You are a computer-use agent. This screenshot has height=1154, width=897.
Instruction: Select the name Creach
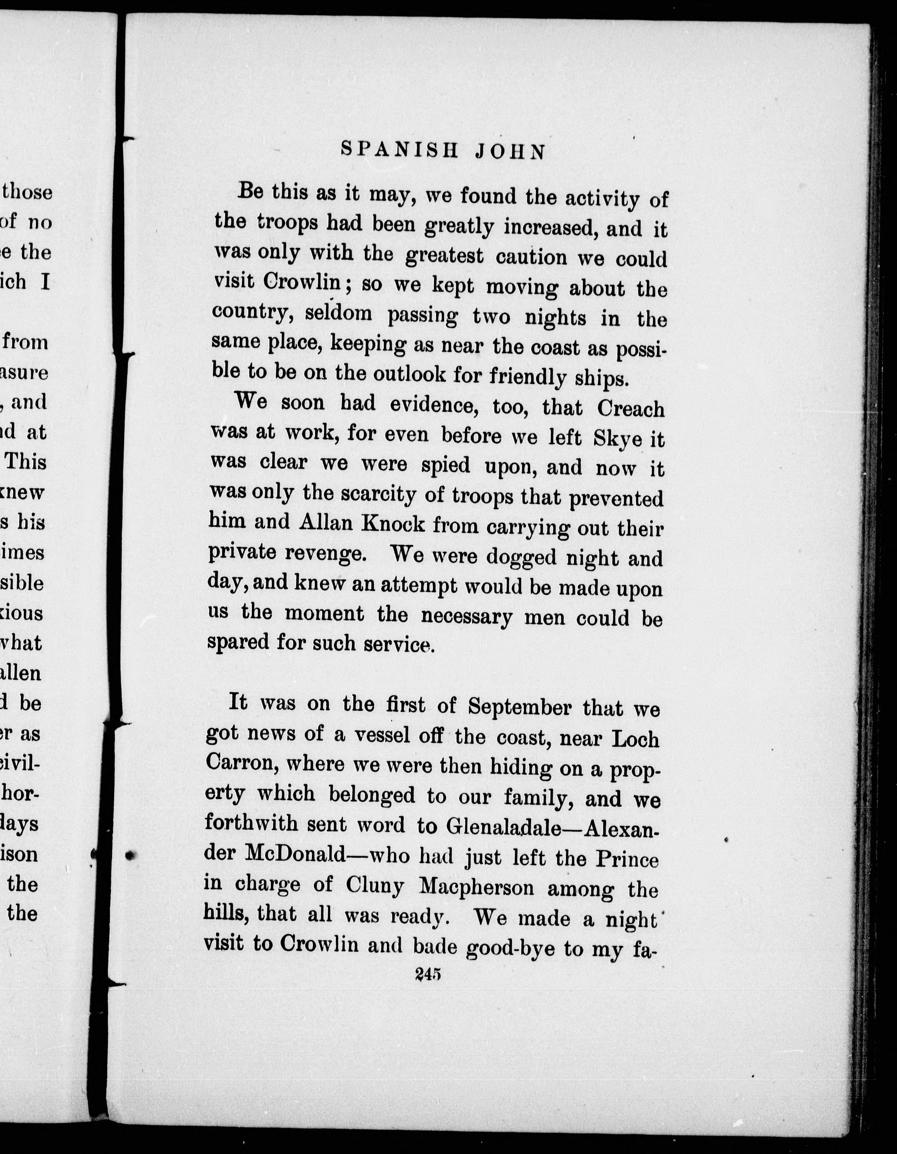(x=631, y=409)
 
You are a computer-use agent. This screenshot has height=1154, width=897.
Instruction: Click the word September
(x=520, y=707)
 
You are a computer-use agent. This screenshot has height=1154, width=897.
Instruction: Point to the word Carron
(x=239, y=762)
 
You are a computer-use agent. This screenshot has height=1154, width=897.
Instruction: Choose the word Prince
(x=627, y=859)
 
